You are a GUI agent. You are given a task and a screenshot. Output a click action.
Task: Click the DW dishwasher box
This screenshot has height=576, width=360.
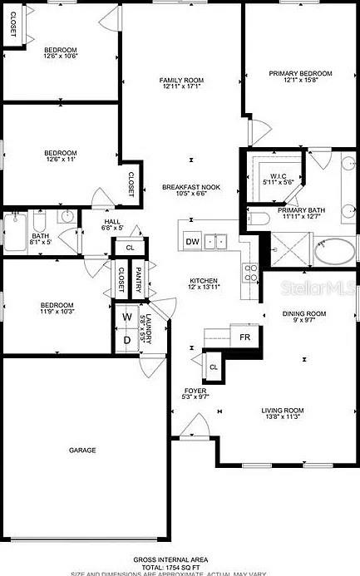192,242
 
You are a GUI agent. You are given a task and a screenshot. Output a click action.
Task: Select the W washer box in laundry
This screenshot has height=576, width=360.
127,317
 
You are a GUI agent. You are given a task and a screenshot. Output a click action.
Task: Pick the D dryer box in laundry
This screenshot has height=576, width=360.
127,339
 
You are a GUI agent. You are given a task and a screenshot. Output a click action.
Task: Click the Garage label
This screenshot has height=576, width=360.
81,450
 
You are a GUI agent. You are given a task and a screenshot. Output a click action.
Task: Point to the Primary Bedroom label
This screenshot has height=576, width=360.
294,74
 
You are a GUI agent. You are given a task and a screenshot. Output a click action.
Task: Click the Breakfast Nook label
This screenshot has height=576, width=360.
190,189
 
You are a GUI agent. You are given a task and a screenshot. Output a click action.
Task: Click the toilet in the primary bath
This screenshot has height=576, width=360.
259,219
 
